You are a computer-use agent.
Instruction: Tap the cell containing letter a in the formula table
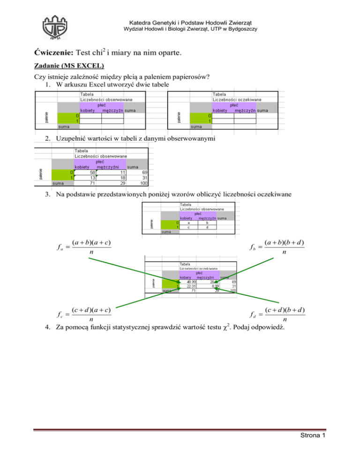(x=188, y=223)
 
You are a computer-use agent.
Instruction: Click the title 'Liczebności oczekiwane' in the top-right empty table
(x=237, y=99)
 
